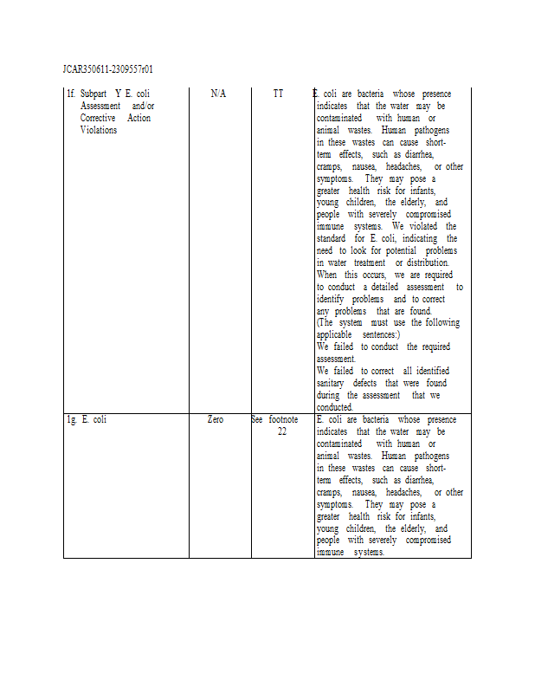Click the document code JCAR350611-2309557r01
click(x=108, y=68)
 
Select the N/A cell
click(x=218, y=94)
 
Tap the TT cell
click(x=278, y=94)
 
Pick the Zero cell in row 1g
click(x=216, y=420)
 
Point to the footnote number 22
click(x=282, y=431)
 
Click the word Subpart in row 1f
click(x=94, y=94)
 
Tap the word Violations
click(x=99, y=130)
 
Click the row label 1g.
click(x=72, y=420)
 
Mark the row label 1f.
click(x=71, y=94)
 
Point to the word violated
click(x=422, y=226)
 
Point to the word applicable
click(x=333, y=334)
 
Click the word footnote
click(x=283, y=420)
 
